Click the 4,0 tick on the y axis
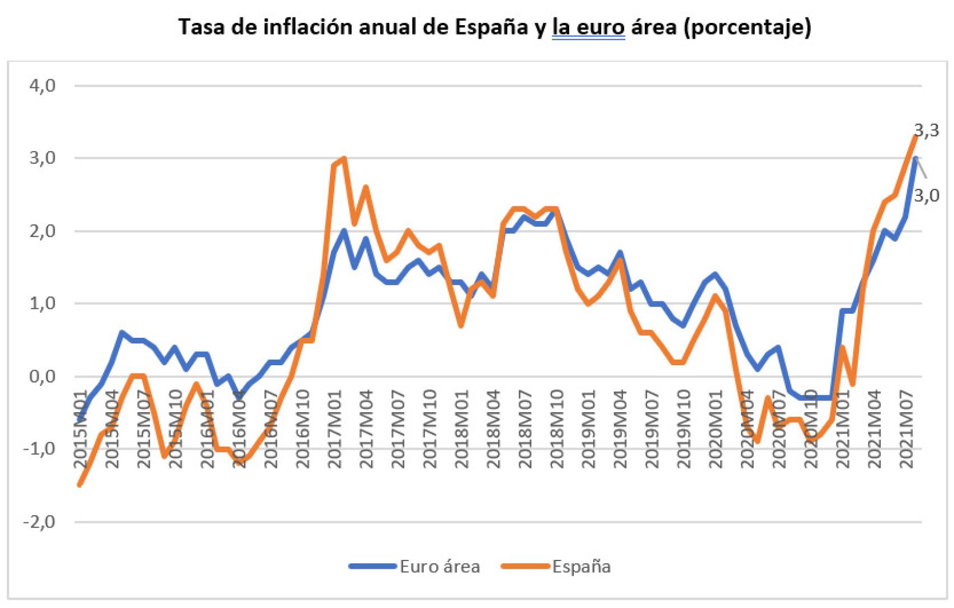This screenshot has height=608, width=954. [x=42, y=86]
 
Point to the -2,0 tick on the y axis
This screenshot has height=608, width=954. [x=39, y=522]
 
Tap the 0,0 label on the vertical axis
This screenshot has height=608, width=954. [x=42, y=376]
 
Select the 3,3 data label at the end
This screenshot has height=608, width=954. [x=927, y=130]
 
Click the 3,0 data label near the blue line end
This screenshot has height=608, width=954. [x=927, y=195]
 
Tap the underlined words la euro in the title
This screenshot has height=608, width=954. [x=588, y=26]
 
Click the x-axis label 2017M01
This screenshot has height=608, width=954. [x=334, y=430]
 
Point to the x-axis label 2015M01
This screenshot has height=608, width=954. [x=81, y=430]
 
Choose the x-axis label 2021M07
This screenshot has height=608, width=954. [x=906, y=430]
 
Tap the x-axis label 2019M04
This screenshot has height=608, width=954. [x=620, y=430]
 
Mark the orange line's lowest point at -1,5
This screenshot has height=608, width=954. [x=79, y=484]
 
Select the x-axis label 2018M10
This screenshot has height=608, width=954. [x=556, y=430]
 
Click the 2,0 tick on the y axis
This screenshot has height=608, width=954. [x=42, y=231]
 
